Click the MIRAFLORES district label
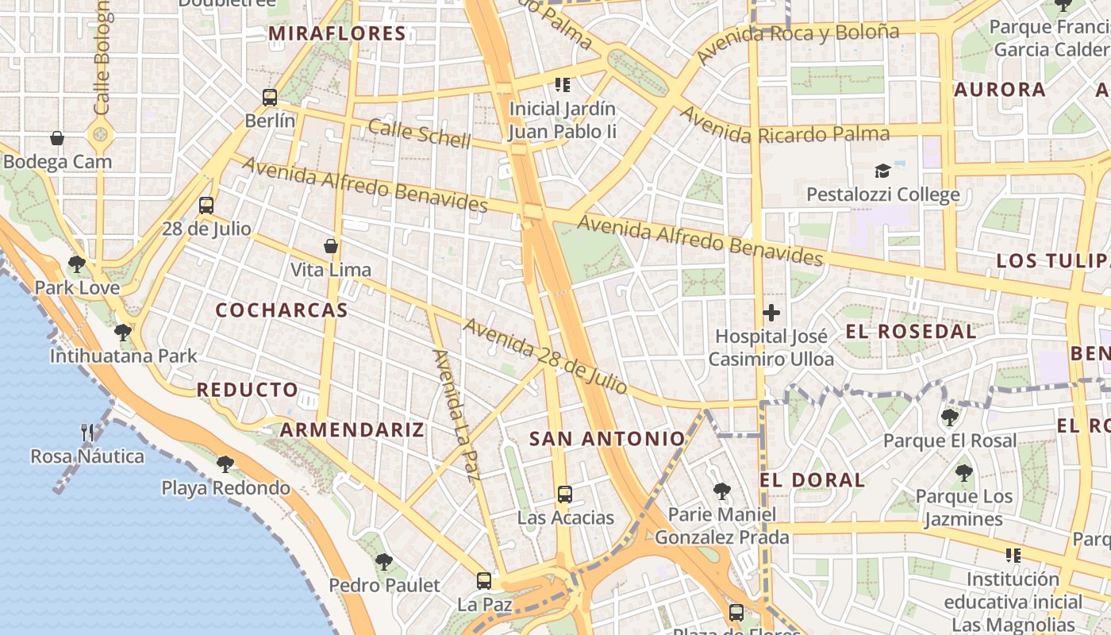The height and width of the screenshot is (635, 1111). pos(337,33)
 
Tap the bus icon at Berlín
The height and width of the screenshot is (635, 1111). pos(270,98)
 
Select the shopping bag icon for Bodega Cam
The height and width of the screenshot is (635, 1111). pos(57,138)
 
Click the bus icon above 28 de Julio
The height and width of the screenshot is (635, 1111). pos(206,206)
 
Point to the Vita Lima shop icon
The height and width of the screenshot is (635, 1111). pos(331,246)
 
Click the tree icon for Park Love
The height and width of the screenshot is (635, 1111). pos(77,264)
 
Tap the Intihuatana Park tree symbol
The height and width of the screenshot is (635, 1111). pos(123,332)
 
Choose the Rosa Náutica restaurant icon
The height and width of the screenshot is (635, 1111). pos(87,433)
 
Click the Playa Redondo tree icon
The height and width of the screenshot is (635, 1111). pos(225,464)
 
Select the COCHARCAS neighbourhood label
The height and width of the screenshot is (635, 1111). pos(282,310)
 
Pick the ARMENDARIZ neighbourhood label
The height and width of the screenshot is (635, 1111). pos(352,430)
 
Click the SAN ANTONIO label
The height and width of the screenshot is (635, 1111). pos(607,438)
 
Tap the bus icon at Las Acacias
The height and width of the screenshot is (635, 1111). pos(565,495)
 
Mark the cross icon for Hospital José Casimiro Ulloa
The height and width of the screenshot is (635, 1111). pos(771,313)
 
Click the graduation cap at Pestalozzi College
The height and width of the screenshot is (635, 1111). pos(882,171)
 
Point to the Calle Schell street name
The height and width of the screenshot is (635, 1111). pos(419,133)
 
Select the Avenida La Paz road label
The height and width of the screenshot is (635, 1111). pos(457,415)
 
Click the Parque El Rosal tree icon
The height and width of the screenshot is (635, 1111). pos(949,417)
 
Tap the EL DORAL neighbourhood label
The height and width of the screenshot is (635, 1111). pos(812,480)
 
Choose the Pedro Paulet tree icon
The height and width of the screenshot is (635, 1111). pos(384,562)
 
